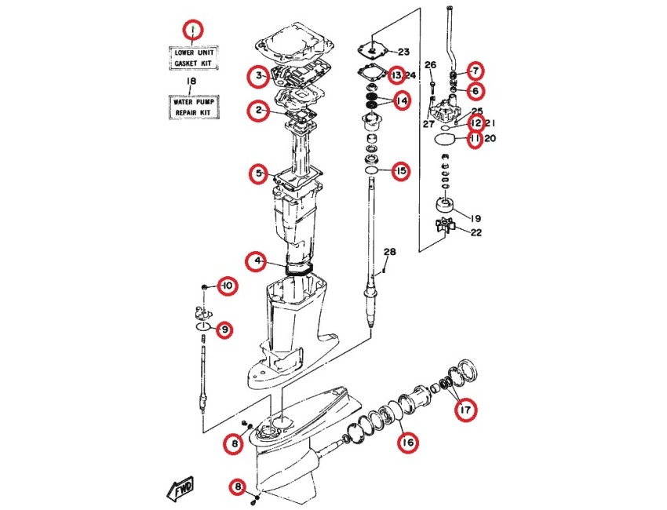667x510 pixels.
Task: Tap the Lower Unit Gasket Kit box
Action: tap(194, 58)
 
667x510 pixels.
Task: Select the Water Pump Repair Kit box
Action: tap(194, 107)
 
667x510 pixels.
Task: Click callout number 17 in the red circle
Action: tap(465, 410)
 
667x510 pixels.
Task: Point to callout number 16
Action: tap(407, 443)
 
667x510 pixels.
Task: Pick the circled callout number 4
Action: tap(257, 261)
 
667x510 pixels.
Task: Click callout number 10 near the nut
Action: tap(228, 286)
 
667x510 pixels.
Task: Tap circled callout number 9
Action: tap(224, 330)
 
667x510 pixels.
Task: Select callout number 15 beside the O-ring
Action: tap(401, 171)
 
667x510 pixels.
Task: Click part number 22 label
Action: tap(476, 232)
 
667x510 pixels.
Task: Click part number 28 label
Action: tap(389, 252)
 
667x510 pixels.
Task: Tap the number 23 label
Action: tap(403, 52)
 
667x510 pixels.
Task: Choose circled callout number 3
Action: tap(259, 76)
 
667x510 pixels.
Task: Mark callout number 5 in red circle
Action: tap(260, 173)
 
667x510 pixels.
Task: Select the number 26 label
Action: tap(431, 64)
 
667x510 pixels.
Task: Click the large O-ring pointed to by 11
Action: tap(443, 139)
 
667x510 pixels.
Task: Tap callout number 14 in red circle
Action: tap(401, 100)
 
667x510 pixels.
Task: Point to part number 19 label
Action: tap(476, 218)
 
